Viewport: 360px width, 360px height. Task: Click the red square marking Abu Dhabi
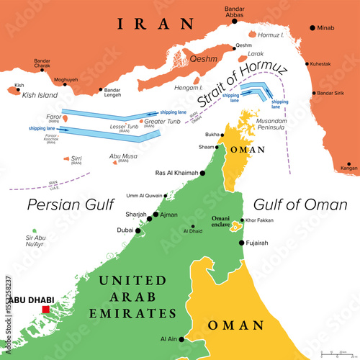(46, 310)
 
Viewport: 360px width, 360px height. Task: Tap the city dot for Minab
(312, 28)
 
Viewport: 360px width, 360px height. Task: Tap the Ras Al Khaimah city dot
(204, 173)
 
